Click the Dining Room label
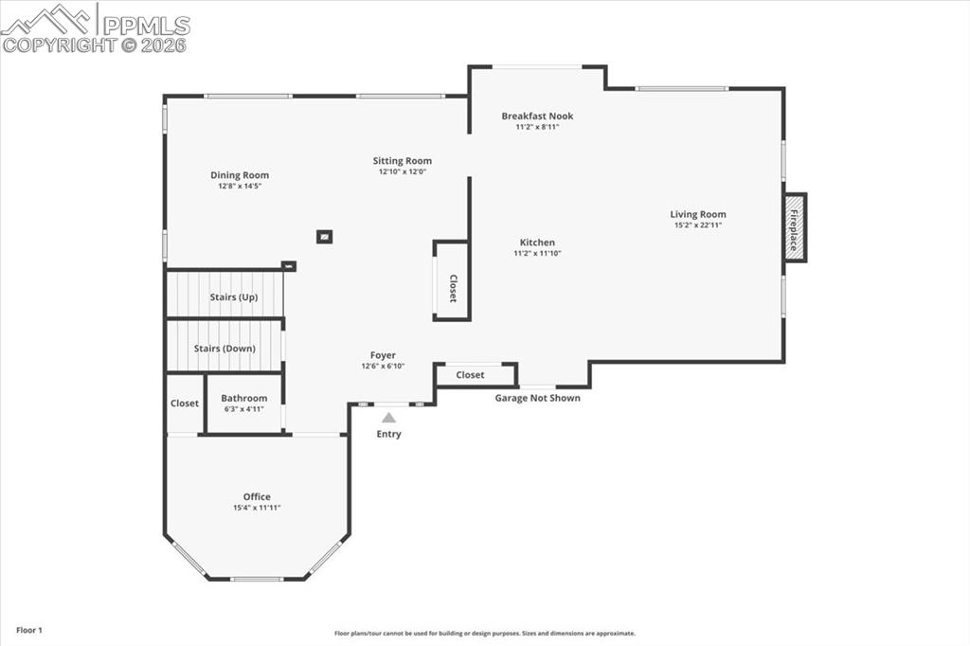coord(239,175)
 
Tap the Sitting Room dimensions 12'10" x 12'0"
coord(402,172)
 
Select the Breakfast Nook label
coord(537,117)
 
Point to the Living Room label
coord(698,215)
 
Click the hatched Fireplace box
coord(795,227)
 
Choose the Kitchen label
coord(537,242)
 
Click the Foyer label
coord(383,355)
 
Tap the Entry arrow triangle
coord(388,417)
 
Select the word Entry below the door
coord(388,434)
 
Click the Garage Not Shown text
coord(537,398)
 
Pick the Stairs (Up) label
coord(233,297)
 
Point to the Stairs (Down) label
coord(225,349)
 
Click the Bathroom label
coord(243,399)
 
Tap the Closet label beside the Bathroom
coord(185,404)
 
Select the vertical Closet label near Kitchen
coord(453,289)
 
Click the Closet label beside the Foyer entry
coord(470,375)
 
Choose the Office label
coord(257,496)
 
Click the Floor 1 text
coord(29,630)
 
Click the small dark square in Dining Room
coord(324,237)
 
